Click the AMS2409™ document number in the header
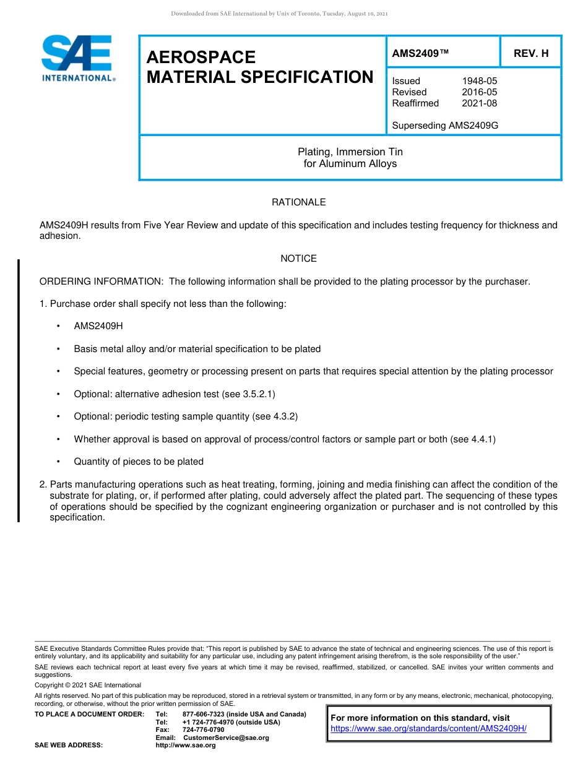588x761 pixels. pyautogui.click(x=420, y=54)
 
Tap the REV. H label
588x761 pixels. pyautogui.click(x=530, y=54)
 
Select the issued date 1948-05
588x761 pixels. pyautogui.click(x=479, y=81)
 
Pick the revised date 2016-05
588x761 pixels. pyautogui.click(x=479, y=92)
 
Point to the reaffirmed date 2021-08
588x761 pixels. pyautogui.click(x=479, y=103)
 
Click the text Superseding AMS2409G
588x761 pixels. pyautogui.click(x=445, y=126)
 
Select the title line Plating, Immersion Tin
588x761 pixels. pyautogui.click(x=350, y=152)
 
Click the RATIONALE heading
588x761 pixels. pyautogui.click(x=298, y=202)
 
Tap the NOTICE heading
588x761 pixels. pyautogui.click(x=298, y=259)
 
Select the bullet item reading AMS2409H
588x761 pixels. pyautogui.click(x=98, y=326)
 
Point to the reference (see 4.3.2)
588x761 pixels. pyautogui.click(x=275, y=416)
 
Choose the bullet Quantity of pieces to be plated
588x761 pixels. pyautogui.click(x=139, y=462)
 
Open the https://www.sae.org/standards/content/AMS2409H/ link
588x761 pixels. pyautogui.click(x=428, y=728)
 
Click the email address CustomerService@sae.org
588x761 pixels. pyautogui.click(x=226, y=737)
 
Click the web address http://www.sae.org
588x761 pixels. pyautogui.click(x=186, y=745)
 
